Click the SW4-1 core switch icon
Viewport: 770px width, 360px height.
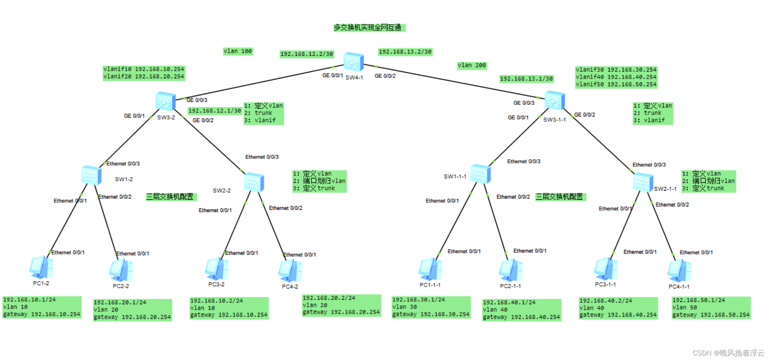tap(353, 62)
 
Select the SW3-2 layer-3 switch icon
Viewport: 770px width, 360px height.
tap(165, 101)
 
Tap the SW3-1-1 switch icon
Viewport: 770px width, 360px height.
tap(554, 100)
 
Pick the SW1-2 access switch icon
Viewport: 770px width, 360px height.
tap(91, 175)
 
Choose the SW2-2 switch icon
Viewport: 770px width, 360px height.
tap(254, 182)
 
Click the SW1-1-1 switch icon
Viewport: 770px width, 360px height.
tap(480, 173)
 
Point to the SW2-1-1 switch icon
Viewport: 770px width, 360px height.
tap(643, 182)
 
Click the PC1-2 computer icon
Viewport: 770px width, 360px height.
tap(41, 267)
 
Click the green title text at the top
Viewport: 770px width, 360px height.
tap(369, 28)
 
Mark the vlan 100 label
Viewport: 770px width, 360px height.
tap(238, 51)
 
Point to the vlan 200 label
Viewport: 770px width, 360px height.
tap(472, 66)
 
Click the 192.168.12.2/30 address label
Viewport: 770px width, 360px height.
tap(307, 54)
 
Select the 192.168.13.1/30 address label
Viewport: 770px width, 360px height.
tap(526, 79)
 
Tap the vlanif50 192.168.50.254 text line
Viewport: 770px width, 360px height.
tap(616, 84)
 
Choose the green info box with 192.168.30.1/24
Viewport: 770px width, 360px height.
tap(431, 307)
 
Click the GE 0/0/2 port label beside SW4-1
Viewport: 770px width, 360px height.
tap(385, 76)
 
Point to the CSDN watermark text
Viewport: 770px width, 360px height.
tap(728, 353)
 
